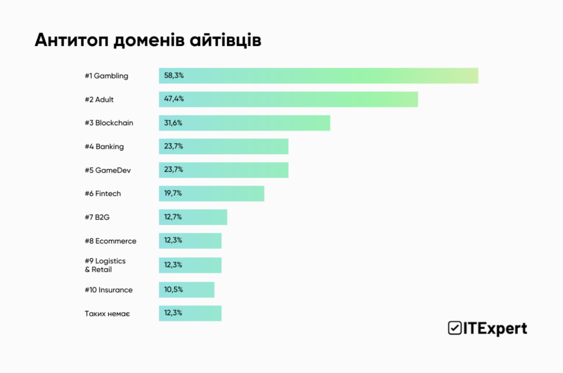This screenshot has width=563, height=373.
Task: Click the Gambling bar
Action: point(318,76)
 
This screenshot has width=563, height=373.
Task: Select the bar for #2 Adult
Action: point(288,99)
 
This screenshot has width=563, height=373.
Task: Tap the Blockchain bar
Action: point(244,123)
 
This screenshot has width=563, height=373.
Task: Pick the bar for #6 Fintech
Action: point(211,194)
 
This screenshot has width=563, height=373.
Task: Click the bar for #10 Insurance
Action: point(186,290)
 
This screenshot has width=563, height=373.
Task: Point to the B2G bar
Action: point(193,217)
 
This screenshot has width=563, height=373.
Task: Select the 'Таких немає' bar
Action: point(190,313)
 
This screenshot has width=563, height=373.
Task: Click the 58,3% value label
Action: point(174,76)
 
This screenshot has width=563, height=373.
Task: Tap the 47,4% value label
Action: point(174,99)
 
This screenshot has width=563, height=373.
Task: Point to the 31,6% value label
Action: point(173,123)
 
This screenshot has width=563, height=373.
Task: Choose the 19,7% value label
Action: point(173,193)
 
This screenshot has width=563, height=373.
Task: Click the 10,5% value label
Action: point(173,289)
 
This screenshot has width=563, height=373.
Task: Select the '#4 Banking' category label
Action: point(104,147)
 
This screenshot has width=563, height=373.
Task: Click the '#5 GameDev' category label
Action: point(107,170)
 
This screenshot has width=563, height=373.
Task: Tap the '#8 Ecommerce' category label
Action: point(110,241)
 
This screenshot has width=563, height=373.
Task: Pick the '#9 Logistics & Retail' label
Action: point(105,265)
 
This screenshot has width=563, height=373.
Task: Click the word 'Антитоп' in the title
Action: point(70,40)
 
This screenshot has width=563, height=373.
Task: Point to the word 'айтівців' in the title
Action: point(226,40)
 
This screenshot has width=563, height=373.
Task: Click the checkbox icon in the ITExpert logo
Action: point(453,328)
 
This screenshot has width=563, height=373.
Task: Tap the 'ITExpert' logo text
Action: point(494,329)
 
